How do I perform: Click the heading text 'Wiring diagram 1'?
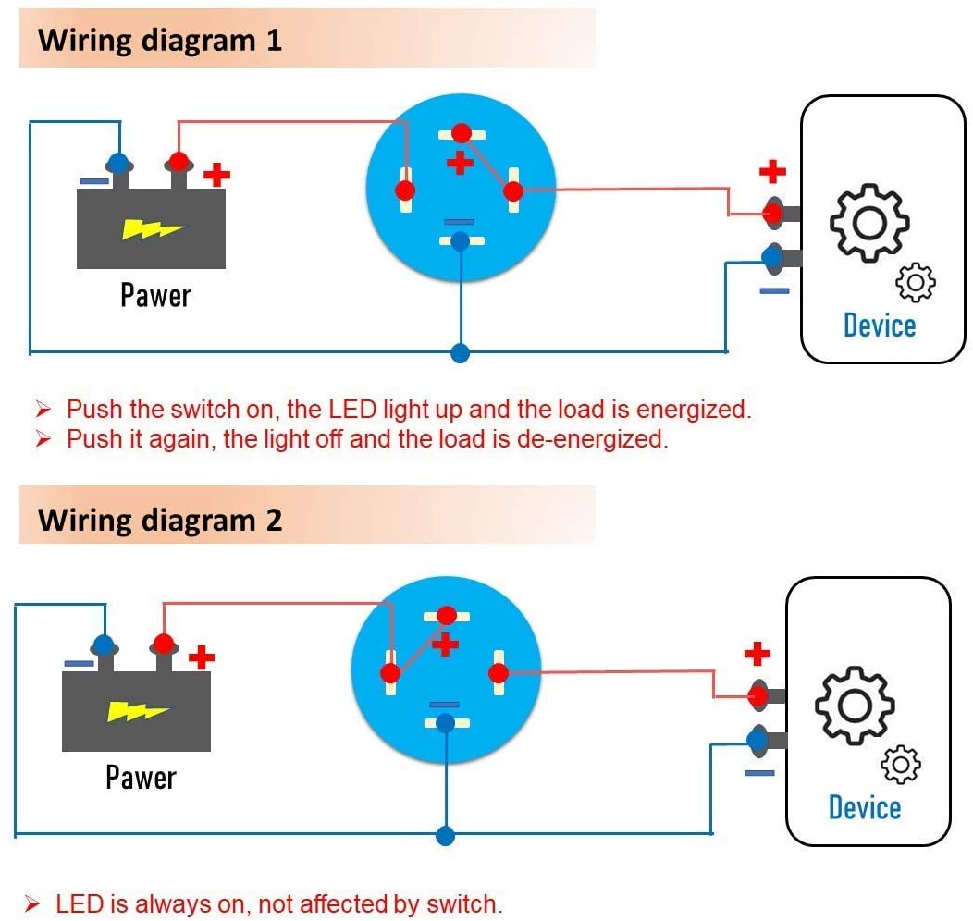click(x=159, y=41)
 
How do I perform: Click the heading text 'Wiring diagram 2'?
click(x=159, y=520)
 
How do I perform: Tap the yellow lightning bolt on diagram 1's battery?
click(x=146, y=228)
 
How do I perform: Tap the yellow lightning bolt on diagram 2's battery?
click(x=138, y=710)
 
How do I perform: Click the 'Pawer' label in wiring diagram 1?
click(x=155, y=296)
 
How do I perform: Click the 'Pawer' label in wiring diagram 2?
click(x=141, y=778)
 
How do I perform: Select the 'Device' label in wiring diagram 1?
click(x=880, y=325)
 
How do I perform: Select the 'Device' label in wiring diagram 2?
click(x=865, y=807)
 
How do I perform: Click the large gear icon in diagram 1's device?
click(x=868, y=221)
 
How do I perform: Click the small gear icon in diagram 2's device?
click(x=901, y=765)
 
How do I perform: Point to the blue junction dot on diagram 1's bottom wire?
click(x=460, y=352)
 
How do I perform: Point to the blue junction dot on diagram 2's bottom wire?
click(x=446, y=835)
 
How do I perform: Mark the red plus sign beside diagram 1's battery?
click(x=216, y=175)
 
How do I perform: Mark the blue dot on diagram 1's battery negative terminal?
click(x=117, y=164)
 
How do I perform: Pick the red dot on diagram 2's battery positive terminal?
click(x=164, y=643)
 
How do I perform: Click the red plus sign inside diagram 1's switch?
click(x=459, y=165)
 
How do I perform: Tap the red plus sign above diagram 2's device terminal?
click(x=757, y=655)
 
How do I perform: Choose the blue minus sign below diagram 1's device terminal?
click(x=774, y=291)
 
